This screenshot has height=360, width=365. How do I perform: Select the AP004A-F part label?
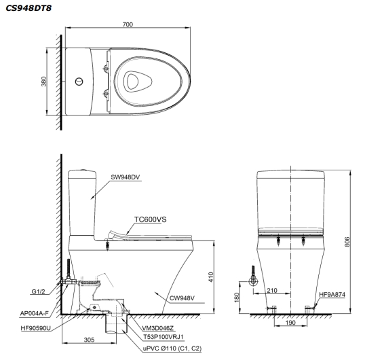click(x=33, y=314)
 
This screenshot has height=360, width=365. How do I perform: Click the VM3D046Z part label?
click(x=157, y=327)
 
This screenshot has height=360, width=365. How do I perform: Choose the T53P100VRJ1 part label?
click(x=164, y=336)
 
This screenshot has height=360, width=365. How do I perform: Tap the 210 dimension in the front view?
click(x=271, y=289)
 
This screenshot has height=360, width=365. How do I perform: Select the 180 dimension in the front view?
click(x=236, y=298)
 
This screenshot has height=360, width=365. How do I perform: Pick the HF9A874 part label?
click(x=332, y=295)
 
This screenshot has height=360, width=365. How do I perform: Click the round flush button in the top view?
click(x=80, y=82)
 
